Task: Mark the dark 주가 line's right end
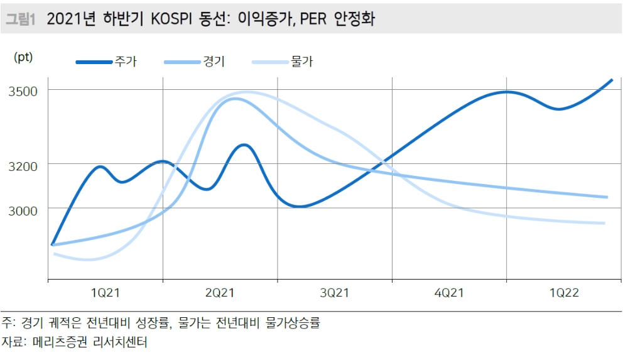point(612,80)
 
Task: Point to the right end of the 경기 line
point(607,197)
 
